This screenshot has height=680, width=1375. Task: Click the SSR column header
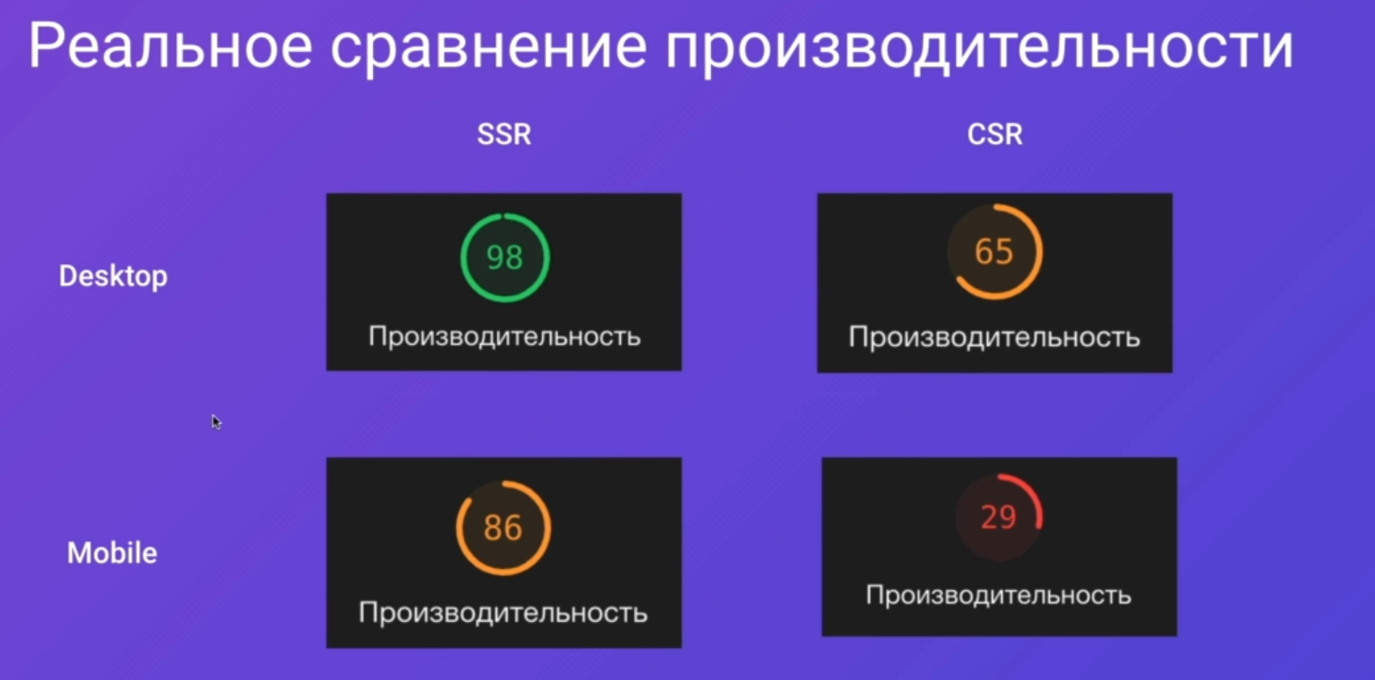tap(504, 135)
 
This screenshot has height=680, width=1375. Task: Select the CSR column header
tap(995, 135)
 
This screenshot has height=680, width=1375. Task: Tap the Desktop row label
tap(113, 276)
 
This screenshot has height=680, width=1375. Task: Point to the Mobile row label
tap(112, 553)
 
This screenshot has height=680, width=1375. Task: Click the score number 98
tap(505, 257)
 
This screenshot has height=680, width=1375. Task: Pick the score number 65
tap(994, 251)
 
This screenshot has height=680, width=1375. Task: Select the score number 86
tap(502, 528)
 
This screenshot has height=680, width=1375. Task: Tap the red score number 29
tap(998, 516)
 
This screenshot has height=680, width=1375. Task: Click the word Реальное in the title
tap(171, 46)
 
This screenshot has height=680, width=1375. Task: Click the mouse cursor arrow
tap(216, 421)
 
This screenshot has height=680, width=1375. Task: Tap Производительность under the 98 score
tap(505, 337)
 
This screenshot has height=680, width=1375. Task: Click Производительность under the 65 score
tap(994, 338)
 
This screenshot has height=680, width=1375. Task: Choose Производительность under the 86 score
tap(503, 613)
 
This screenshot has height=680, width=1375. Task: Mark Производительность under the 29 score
tap(998, 596)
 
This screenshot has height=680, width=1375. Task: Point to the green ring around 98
tap(462, 258)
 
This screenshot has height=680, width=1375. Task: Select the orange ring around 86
tap(457, 528)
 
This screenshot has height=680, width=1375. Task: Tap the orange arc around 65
tap(1040, 252)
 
